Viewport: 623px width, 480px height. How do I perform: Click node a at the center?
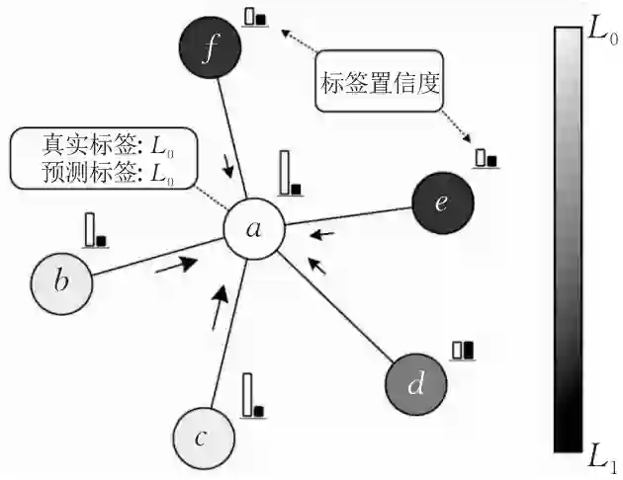(x=254, y=229)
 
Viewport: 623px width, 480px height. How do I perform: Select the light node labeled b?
(x=61, y=281)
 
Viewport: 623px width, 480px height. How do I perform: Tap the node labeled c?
(x=202, y=437)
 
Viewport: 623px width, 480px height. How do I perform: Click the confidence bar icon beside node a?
(x=288, y=173)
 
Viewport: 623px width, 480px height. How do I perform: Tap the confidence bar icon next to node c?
(x=253, y=395)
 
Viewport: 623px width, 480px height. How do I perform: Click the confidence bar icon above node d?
(x=463, y=350)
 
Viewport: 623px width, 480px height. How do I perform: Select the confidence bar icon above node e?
(x=485, y=158)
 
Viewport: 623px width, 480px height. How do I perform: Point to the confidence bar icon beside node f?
(x=256, y=17)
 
